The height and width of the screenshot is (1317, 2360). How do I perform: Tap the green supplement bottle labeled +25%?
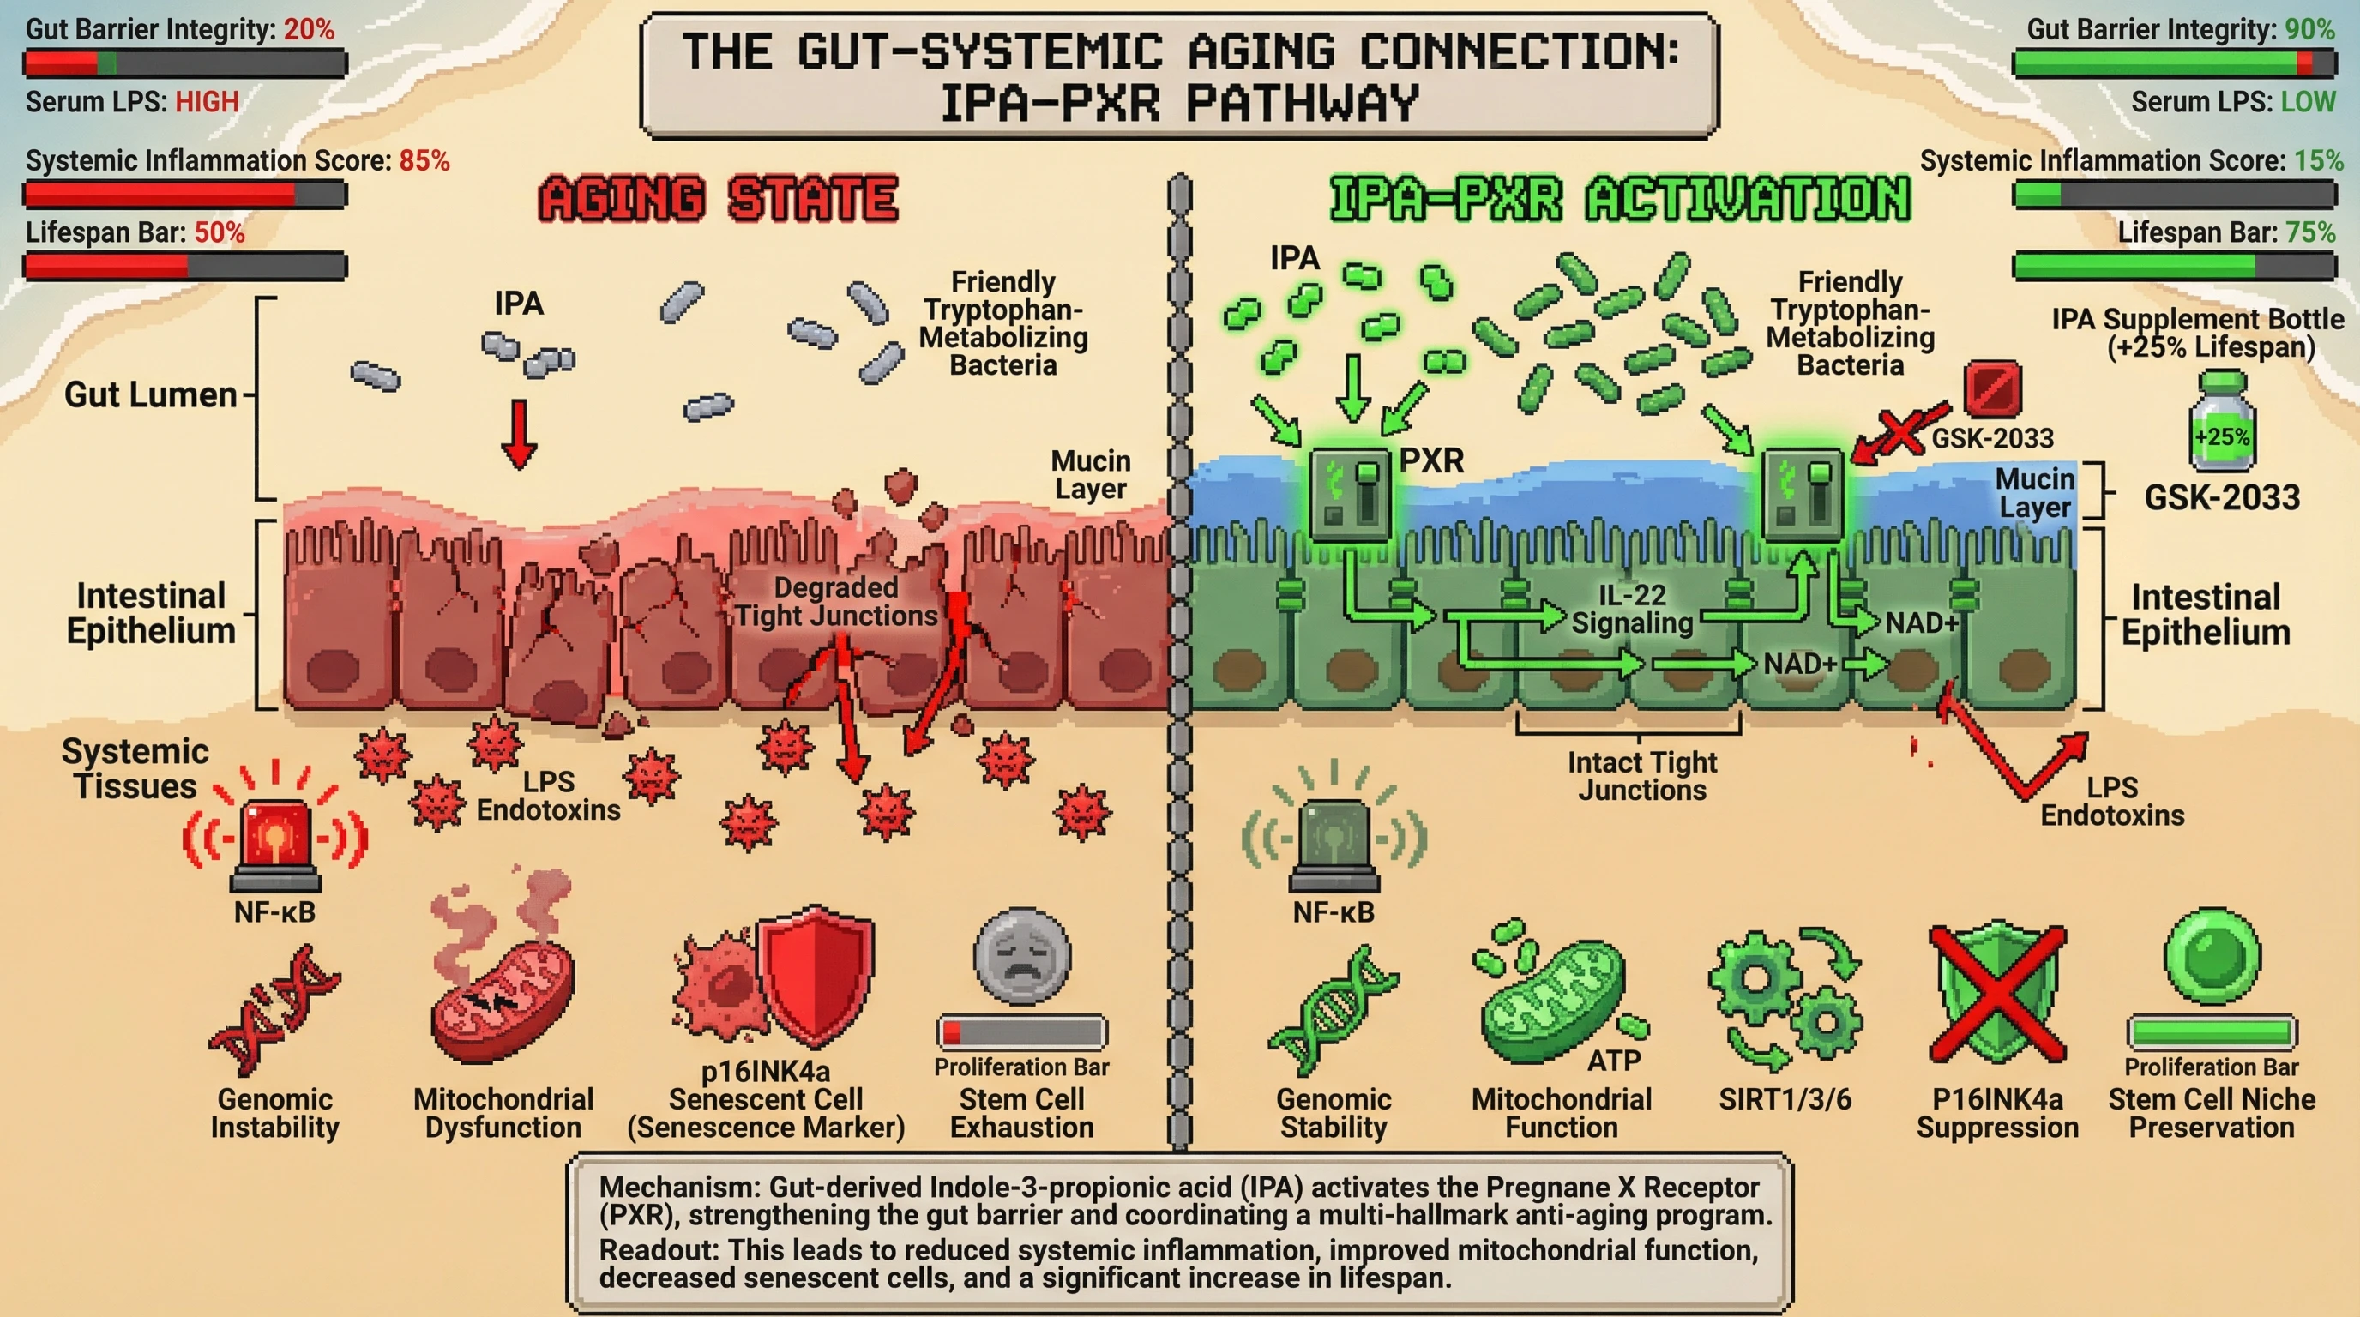tap(2222, 427)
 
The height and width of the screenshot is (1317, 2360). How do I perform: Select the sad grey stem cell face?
tap(1021, 958)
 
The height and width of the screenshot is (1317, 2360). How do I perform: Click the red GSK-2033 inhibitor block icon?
tap(1992, 388)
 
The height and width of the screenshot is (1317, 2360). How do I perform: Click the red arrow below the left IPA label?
tap(520, 434)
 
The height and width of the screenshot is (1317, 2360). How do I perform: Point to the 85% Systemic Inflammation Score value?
tap(424, 161)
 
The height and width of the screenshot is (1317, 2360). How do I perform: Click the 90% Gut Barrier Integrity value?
tap(2309, 29)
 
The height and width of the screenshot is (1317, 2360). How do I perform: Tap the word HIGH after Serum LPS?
tap(207, 102)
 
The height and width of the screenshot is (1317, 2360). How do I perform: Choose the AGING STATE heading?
tap(719, 199)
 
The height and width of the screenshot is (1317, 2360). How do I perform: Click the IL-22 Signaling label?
tap(1632, 609)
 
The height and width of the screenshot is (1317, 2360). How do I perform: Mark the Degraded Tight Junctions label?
tap(835, 602)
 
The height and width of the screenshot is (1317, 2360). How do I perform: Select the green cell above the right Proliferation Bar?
tap(2211, 957)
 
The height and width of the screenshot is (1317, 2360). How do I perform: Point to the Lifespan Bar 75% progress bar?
tap(2173, 267)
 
